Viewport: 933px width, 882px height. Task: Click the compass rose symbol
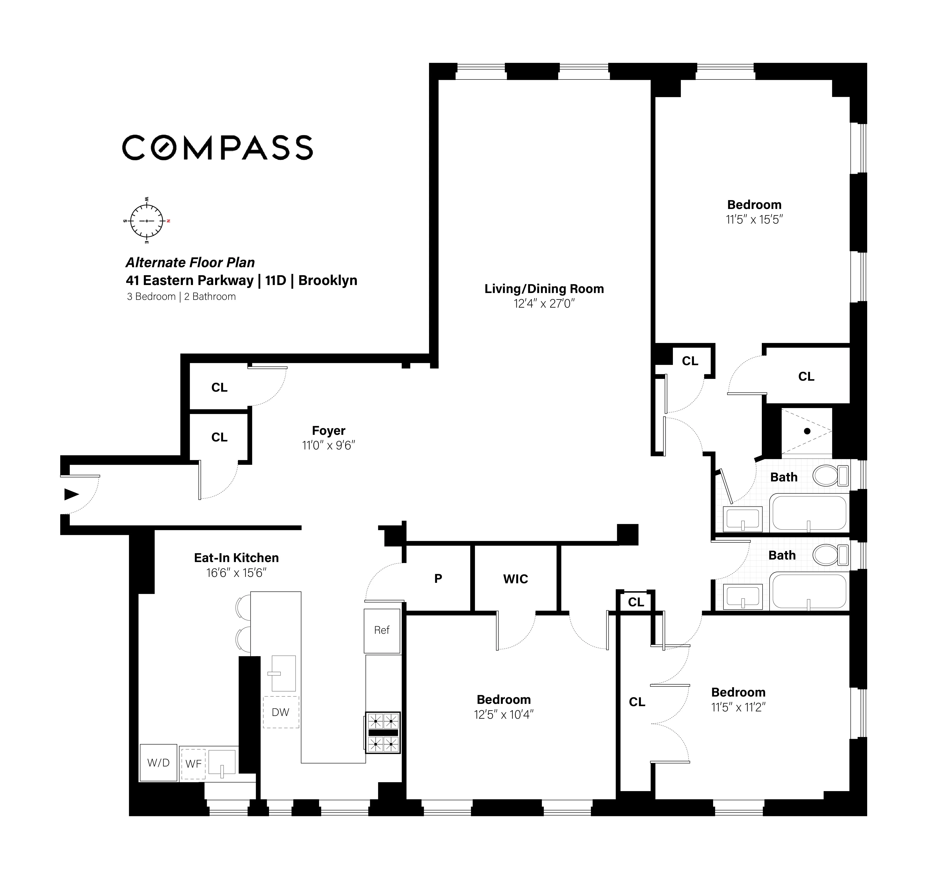click(146, 221)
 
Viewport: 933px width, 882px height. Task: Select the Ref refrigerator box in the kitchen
click(381, 631)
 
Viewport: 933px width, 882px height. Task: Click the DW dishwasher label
click(280, 712)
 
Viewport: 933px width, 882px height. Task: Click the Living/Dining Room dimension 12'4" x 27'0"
click(544, 304)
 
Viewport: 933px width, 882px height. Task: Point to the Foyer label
click(328, 431)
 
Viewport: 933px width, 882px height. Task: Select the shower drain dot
click(807, 431)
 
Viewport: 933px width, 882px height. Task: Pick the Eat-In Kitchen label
click(236, 558)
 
